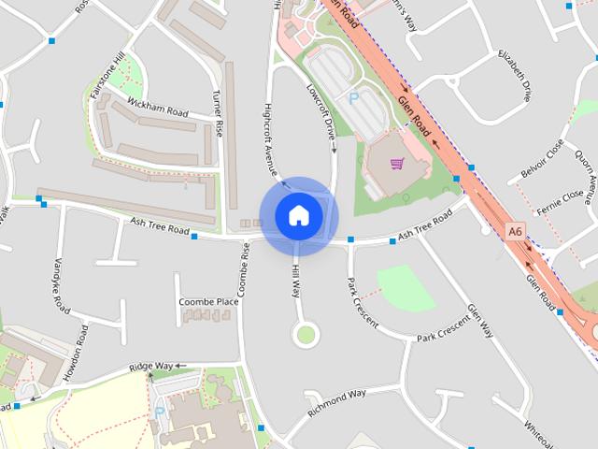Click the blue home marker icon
point(298,215)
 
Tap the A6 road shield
point(515,229)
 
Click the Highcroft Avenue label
point(270,140)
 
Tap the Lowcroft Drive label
point(320,112)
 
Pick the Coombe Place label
point(207,302)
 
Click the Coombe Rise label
point(245,275)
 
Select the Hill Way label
point(295,280)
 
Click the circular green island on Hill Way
point(305,333)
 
